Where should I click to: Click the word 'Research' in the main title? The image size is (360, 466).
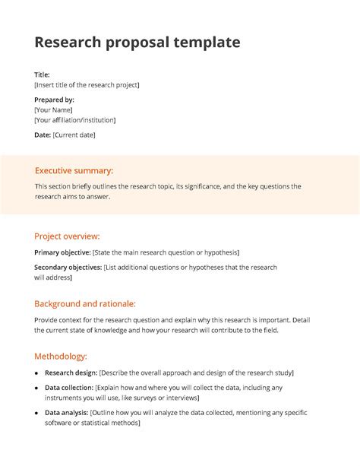(66, 43)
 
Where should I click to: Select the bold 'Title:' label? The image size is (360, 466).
(42, 74)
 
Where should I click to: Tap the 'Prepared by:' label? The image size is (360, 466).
(54, 100)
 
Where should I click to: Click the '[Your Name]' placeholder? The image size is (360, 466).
(53, 109)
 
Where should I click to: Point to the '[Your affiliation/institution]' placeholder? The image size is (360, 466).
(75, 120)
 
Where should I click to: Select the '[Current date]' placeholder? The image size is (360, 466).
(74, 135)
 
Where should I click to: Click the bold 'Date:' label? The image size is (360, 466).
(42, 135)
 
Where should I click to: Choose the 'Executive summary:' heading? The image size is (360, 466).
(74, 171)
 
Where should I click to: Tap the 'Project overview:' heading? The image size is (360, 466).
(67, 236)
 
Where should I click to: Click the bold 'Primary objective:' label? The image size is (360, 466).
(62, 252)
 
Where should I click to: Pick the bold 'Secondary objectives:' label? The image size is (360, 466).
(68, 268)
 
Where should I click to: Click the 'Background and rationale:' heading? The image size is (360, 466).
(85, 303)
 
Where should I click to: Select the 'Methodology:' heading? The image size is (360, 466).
(61, 356)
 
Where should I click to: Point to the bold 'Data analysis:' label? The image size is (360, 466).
(66, 413)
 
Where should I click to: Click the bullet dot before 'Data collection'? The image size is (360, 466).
(37, 388)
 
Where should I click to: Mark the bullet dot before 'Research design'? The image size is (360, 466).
(37, 373)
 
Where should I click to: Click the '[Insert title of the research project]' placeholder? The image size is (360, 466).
(87, 84)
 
